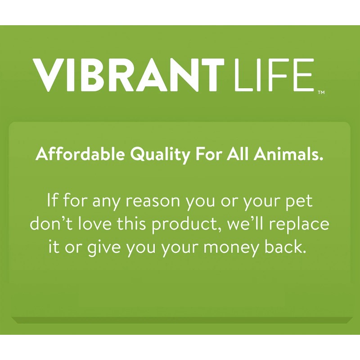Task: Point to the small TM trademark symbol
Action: pyautogui.click(x=321, y=93)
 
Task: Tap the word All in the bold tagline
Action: pyautogui.click(x=237, y=155)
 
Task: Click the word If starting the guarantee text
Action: pyautogui.click(x=53, y=200)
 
